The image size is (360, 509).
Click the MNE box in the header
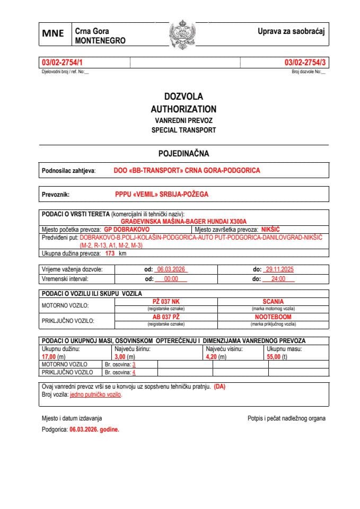(53, 33)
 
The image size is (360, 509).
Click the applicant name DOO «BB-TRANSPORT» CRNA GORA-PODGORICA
(187, 171)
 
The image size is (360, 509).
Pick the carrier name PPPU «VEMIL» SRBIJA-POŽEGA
(162, 194)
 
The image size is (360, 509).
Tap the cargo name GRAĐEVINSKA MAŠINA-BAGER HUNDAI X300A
(184, 221)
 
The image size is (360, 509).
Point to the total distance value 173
(110, 253)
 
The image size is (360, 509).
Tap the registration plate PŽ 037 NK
(166, 301)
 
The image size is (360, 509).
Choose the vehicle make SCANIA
(273, 301)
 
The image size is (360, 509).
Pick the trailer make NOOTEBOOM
(273, 317)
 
